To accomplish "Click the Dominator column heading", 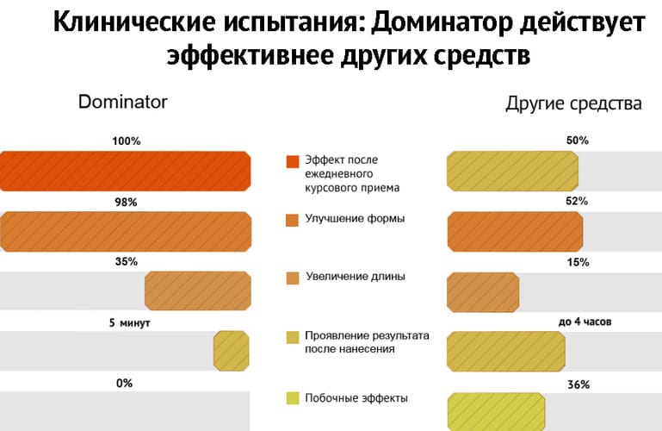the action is (x=123, y=102).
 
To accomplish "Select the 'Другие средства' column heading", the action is (x=573, y=103).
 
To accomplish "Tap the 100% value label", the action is (x=127, y=141).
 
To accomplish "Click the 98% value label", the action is (x=127, y=203).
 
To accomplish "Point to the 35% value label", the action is (x=127, y=261).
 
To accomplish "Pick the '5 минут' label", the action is (x=130, y=323).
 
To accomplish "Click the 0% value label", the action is (x=124, y=384).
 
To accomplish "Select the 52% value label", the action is (x=577, y=201).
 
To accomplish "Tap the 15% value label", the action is (x=578, y=262).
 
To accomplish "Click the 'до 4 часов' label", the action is (x=585, y=322).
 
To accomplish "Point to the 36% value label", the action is (x=578, y=384).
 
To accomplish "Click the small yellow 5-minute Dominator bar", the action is (x=232, y=351).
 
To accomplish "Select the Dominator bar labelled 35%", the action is (x=198, y=290).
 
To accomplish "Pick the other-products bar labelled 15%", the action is (x=484, y=292).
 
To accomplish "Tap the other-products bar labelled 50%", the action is (x=512, y=172).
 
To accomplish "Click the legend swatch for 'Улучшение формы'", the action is (x=292, y=220).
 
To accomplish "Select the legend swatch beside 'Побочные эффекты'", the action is (x=293, y=398).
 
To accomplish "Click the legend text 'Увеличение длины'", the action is (x=356, y=277).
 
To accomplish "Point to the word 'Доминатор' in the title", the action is (x=442, y=22).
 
